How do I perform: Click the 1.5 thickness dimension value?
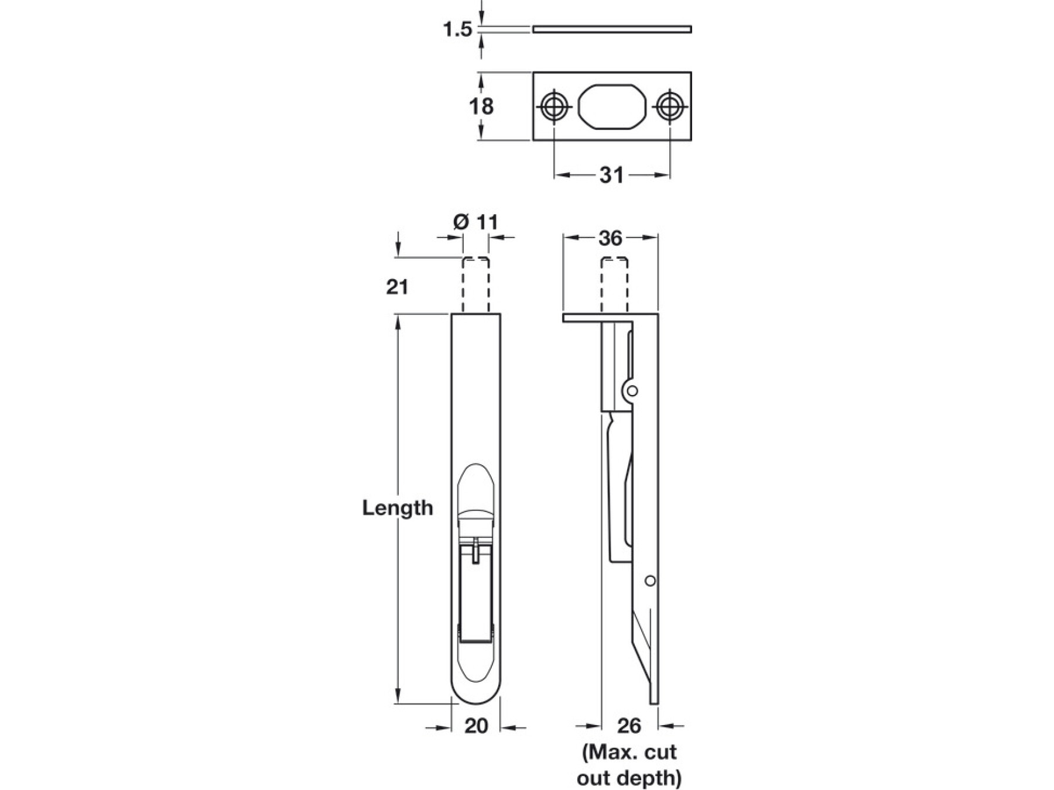pos(457,29)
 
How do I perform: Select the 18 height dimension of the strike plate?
pos(481,107)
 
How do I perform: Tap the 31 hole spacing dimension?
pos(612,175)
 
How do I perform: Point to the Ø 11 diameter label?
pos(475,222)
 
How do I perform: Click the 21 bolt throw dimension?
pos(397,287)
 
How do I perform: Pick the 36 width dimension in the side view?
pos(610,238)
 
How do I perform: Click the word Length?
pos(398,507)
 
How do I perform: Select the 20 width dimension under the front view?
pos(476,726)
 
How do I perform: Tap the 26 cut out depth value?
pos(629,726)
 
